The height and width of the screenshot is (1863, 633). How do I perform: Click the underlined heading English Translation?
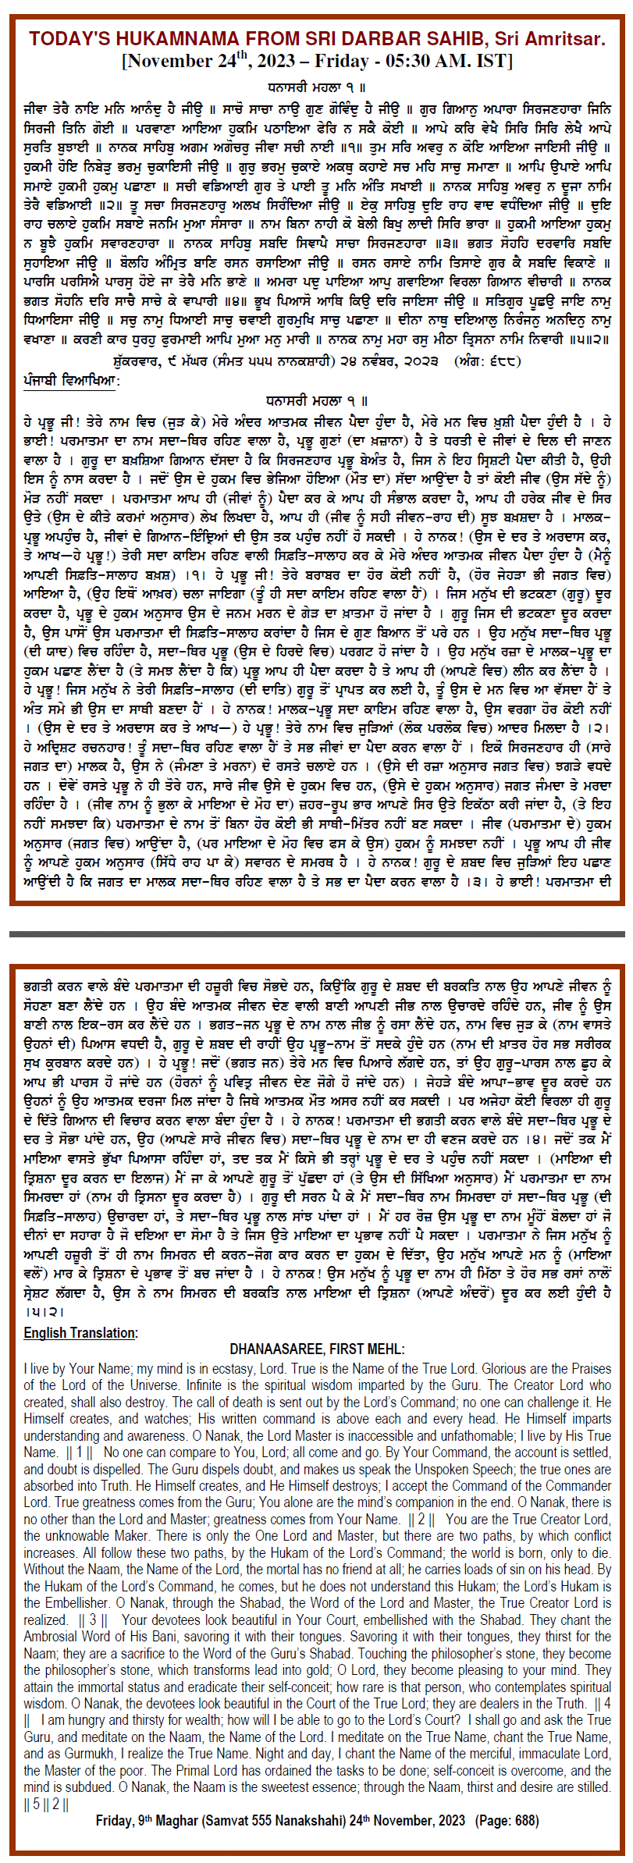click(x=80, y=1332)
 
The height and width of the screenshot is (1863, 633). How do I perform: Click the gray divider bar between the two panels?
click(x=316, y=933)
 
